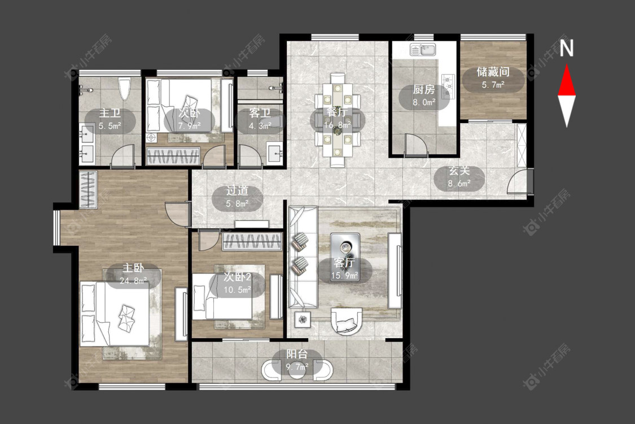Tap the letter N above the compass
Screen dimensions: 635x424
(x=567, y=48)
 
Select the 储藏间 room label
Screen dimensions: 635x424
(x=493, y=72)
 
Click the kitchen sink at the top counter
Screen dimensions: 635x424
(x=422, y=50)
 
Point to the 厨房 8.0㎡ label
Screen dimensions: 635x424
(x=423, y=96)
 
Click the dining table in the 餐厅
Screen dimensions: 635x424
(x=338, y=120)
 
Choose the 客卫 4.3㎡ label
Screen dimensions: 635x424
(x=260, y=119)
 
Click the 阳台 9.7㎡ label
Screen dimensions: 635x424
(x=297, y=360)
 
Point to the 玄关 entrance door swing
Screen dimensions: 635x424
(x=518, y=181)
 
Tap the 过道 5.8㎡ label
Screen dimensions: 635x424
(x=237, y=197)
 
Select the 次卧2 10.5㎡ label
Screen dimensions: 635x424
(x=237, y=283)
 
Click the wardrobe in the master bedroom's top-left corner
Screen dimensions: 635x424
(x=88, y=189)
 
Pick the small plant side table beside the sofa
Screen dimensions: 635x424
(x=303, y=319)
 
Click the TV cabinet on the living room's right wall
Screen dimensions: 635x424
(x=395, y=271)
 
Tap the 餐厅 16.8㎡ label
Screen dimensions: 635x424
(x=338, y=118)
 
